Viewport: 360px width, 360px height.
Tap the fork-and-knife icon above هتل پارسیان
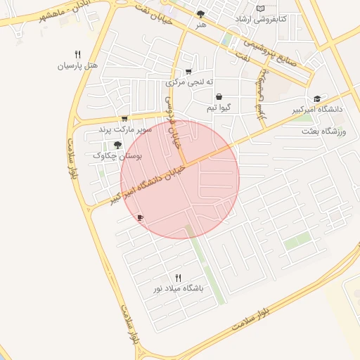pos(77,54)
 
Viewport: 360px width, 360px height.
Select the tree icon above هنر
pos(201,14)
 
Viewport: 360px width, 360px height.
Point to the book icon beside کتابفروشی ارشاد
pos(261,8)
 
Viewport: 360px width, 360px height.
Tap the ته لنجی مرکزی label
pos(188,82)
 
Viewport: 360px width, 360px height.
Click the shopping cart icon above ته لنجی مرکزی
pos(188,72)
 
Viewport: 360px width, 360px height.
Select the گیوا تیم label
pos(219,108)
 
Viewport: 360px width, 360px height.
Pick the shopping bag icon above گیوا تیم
pos(219,97)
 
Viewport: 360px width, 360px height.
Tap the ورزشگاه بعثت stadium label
pos(325,131)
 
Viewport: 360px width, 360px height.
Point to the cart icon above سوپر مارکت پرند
pos(124,119)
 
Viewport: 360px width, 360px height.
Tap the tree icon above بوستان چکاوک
pos(117,145)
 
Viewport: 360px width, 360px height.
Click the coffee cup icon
pos(140,218)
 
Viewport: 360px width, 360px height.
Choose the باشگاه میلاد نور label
pos(179,289)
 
